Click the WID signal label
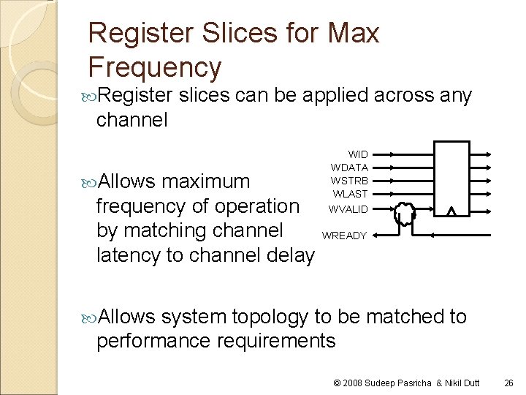coord(358,154)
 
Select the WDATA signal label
coord(349,168)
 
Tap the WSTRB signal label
coord(349,181)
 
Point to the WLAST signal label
coord(351,194)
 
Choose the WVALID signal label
coord(348,208)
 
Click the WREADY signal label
coord(344,236)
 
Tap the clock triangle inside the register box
coord(451,212)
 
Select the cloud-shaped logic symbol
coord(404,214)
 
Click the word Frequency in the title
coord(154,67)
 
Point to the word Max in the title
coord(354,33)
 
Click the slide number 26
coord(508,383)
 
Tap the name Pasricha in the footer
coord(413,383)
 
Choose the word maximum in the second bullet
coord(205,181)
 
